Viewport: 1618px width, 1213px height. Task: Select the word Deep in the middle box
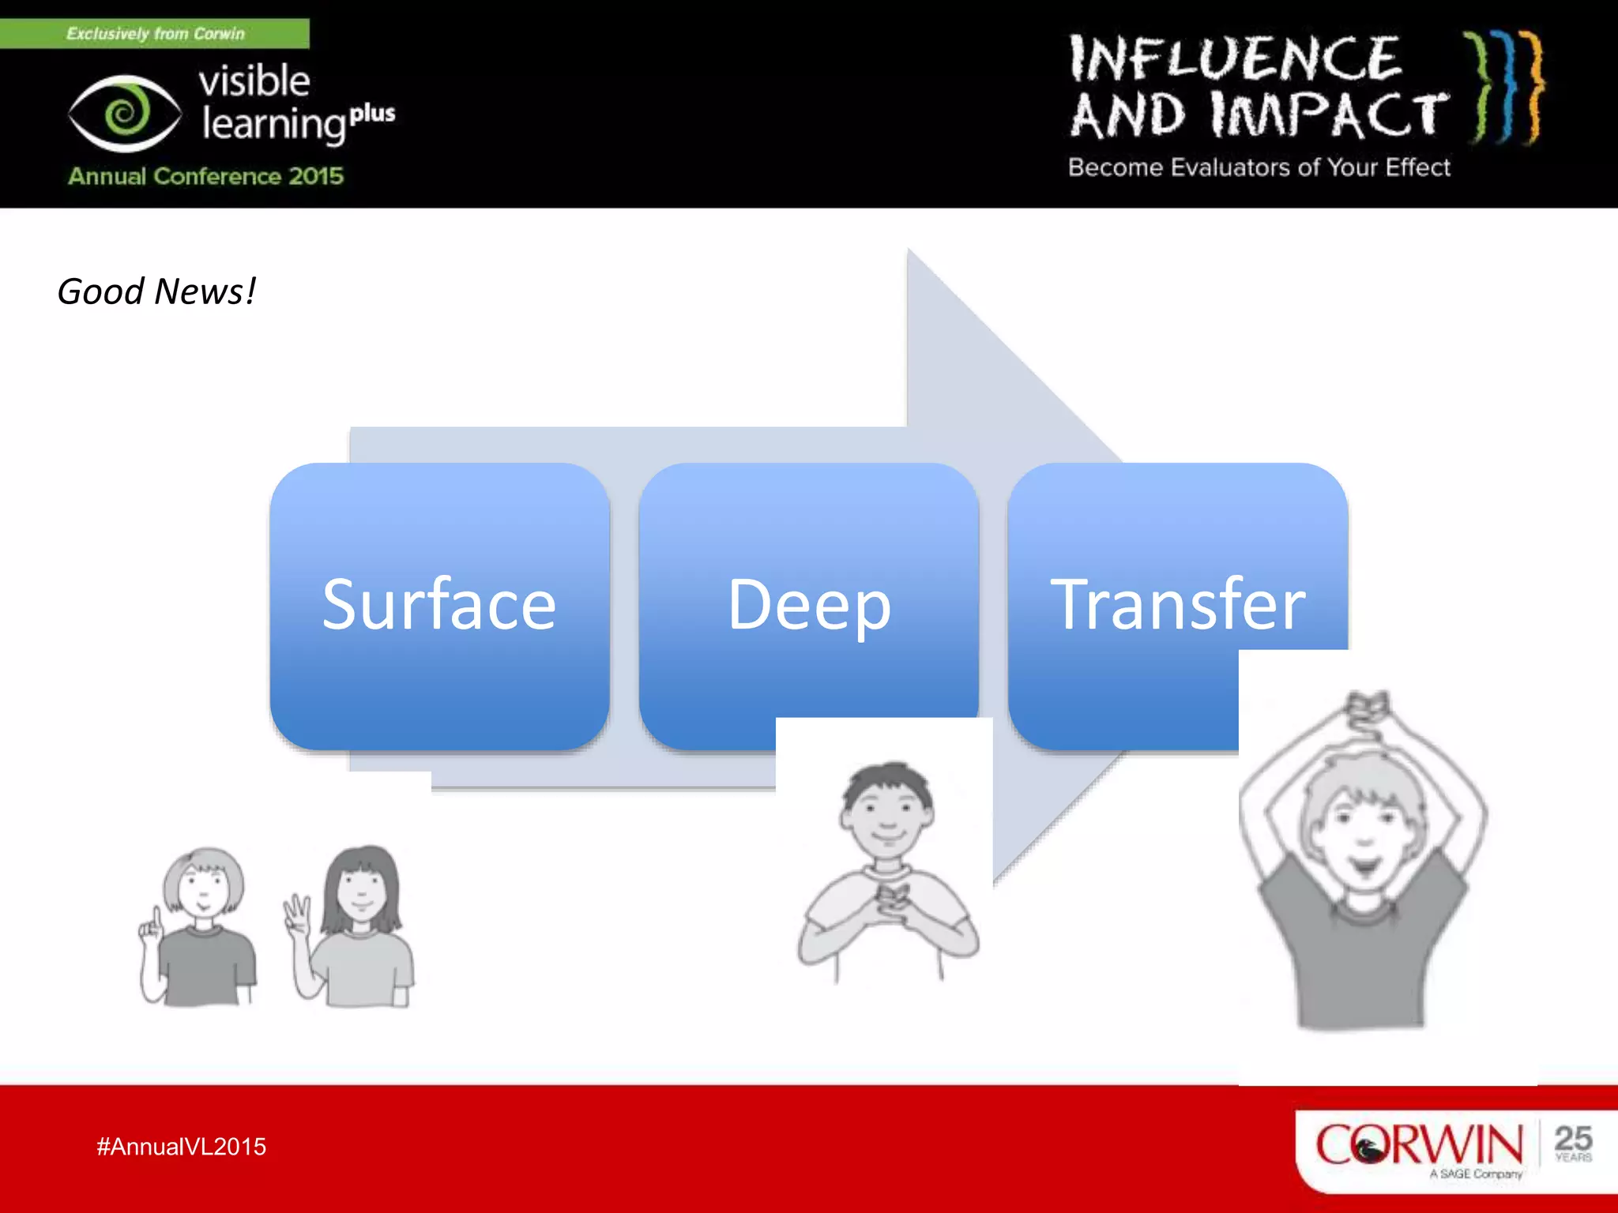coord(809,606)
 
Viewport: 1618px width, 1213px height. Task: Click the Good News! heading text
coord(156,291)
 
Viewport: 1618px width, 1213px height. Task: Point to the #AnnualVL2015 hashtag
coord(181,1147)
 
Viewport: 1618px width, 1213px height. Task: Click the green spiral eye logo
coord(125,113)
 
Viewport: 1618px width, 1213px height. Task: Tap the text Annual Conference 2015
coord(205,175)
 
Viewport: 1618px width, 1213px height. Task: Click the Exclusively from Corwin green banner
coord(155,34)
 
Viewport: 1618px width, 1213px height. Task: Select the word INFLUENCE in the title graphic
coord(1235,59)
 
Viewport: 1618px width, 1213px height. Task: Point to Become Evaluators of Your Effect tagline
coord(1259,167)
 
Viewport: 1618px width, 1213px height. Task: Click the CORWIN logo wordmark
coord(1418,1144)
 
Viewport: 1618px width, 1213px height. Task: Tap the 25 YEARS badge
coord(1572,1143)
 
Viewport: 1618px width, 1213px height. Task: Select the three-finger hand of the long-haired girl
coord(297,913)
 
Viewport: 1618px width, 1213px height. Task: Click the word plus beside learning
coord(372,114)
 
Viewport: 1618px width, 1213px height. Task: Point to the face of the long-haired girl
coord(361,888)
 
